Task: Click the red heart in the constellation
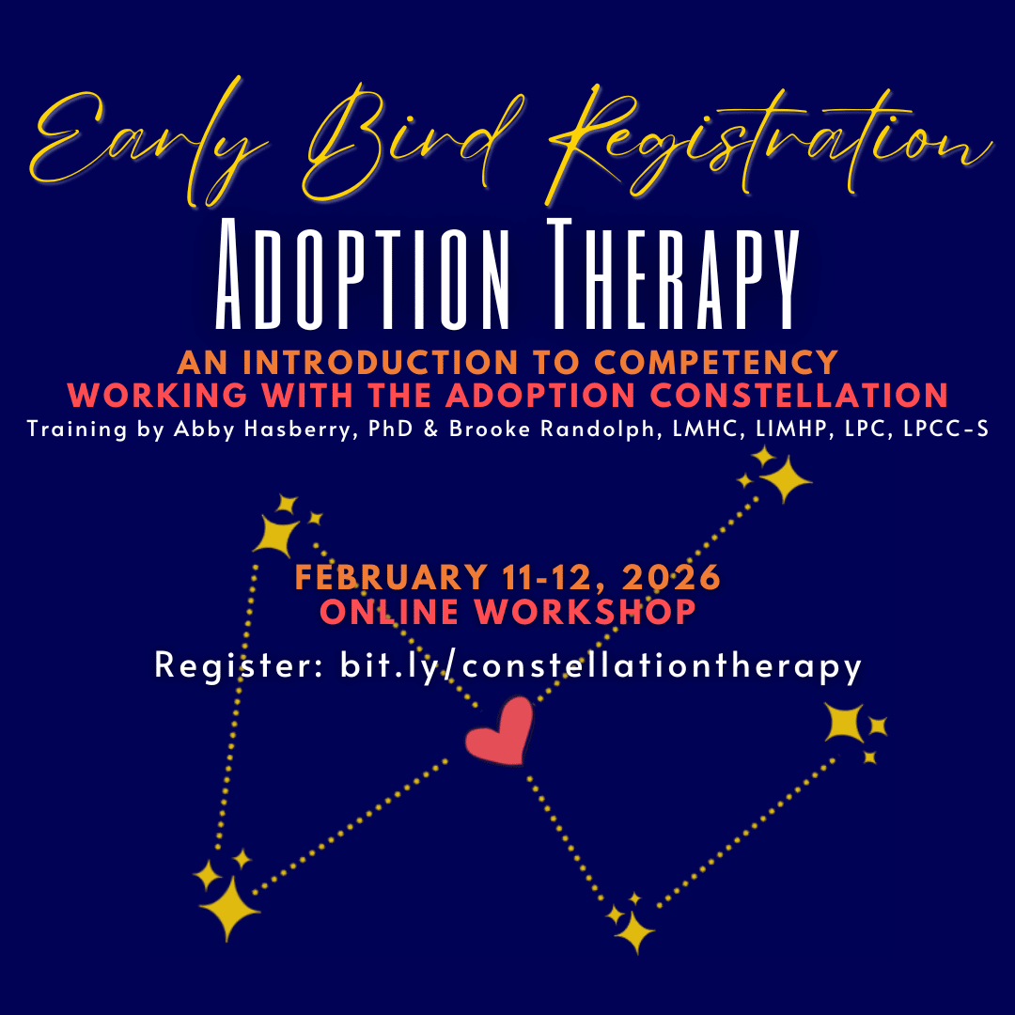(499, 731)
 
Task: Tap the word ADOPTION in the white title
(363, 274)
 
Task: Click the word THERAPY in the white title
(674, 274)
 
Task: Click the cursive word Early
(148, 143)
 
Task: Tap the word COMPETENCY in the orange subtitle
(716, 363)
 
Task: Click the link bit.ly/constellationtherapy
(601, 665)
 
